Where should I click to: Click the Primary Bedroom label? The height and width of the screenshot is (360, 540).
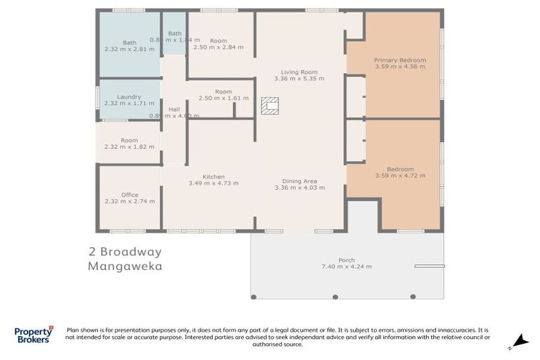(x=399, y=60)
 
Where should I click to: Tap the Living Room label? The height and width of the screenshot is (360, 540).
(x=300, y=72)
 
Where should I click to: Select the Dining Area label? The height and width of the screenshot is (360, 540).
(x=300, y=181)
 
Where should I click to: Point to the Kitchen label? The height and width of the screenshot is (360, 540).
(x=213, y=176)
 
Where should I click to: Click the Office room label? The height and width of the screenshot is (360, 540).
(x=129, y=195)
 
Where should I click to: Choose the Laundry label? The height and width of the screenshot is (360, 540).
(x=129, y=97)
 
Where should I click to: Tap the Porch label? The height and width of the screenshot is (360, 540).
(x=347, y=260)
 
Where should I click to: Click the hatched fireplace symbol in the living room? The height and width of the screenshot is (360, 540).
(x=269, y=105)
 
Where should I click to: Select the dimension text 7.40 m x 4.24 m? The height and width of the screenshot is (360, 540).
(x=347, y=267)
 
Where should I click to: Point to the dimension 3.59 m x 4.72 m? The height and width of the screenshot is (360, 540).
(x=399, y=176)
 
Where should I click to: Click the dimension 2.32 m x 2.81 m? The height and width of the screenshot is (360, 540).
(x=129, y=50)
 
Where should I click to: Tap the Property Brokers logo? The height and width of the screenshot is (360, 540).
(x=34, y=335)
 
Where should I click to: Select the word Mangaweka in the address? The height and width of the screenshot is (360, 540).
(x=125, y=266)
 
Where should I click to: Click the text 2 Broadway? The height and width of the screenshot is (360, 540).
(x=125, y=252)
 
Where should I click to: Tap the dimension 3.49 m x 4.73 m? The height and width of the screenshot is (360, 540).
(x=213, y=184)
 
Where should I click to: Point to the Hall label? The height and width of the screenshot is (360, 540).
(x=174, y=109)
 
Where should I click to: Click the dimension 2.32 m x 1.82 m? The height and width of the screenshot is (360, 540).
(x=129, y=148)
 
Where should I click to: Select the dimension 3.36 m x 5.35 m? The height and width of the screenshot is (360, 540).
(x=300, y=79)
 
